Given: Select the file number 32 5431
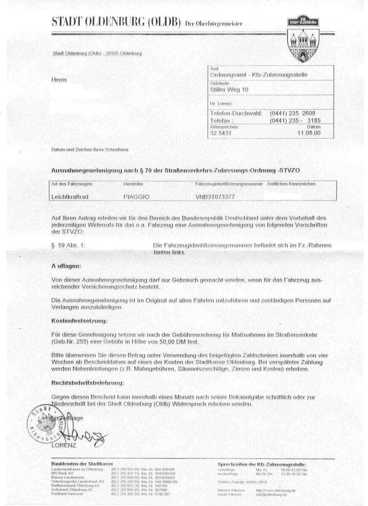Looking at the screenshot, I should coord(221,133).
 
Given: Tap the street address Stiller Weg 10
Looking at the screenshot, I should coord(229,89).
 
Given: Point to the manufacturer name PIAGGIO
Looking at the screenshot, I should coord(136,196).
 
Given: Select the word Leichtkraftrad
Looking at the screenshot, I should coord(70,196).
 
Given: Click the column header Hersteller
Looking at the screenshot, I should coord(133,184).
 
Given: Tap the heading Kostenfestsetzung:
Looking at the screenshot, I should coord(79,321).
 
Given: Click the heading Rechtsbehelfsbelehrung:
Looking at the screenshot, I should coord(87,383).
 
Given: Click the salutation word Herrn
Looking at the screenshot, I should coord(59,80).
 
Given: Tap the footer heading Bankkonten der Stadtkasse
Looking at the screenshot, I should coord(82,463).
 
